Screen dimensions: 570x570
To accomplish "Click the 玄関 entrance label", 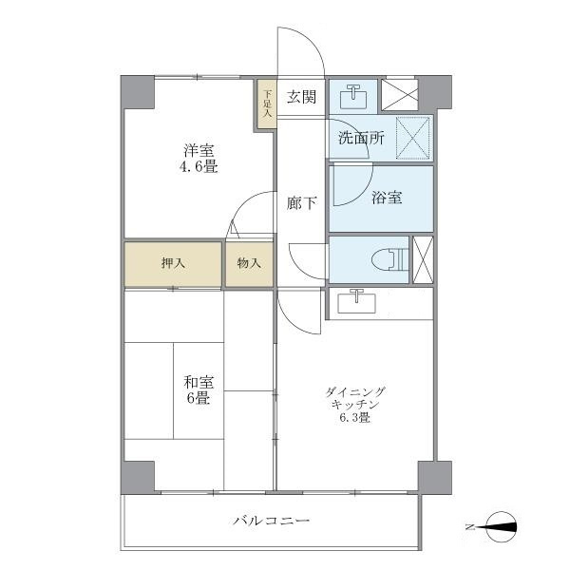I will click(301, 95).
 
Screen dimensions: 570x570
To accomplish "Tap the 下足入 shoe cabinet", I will click(267, 102).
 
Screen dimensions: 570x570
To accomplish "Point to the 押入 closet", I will click(172, 263).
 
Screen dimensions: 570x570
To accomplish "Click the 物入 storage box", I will click(249, 263).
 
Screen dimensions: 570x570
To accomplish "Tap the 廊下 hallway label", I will click(302, 201).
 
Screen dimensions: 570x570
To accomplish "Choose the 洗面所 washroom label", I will click(361, 138).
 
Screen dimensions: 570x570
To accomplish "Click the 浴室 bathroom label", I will click(387, 198).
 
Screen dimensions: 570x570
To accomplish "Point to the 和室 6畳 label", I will click(199, 389).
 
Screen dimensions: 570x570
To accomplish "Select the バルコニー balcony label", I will click(271, 521).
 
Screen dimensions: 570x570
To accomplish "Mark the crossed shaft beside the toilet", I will click(424, 258).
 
